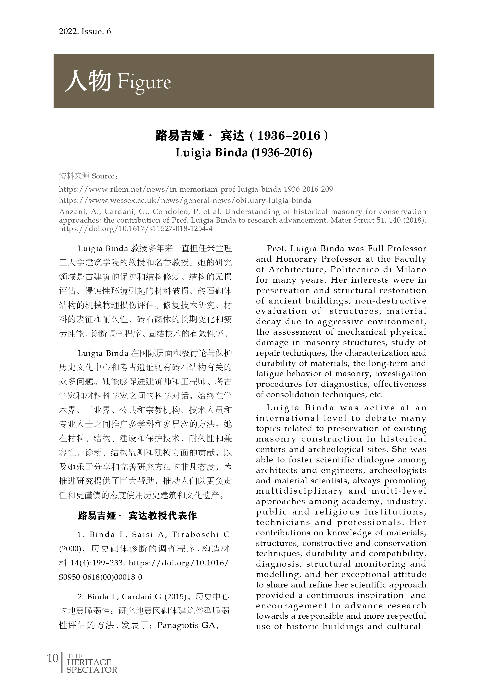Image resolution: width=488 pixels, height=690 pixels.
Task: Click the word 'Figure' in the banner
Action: (x=144, y=82)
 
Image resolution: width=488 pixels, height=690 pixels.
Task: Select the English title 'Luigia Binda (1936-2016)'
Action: (x=244, y=153)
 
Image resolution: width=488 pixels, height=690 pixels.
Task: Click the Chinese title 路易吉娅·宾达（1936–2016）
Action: (x=242, y=136)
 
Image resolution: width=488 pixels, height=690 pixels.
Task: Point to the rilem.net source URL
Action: (x=196, y=189)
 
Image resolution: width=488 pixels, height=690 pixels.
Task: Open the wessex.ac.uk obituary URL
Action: (x=185, y=201)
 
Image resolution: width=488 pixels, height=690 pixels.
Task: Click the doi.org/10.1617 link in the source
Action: (x=136, y=229)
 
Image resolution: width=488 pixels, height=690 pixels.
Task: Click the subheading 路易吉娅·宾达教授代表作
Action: (x=137, y=516)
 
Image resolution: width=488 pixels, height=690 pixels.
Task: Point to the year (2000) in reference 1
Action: (x=69, y=549)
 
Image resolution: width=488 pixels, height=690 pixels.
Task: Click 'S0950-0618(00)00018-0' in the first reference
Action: (x=101, y=577)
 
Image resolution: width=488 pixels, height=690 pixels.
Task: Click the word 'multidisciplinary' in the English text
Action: (x=300, y=491)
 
